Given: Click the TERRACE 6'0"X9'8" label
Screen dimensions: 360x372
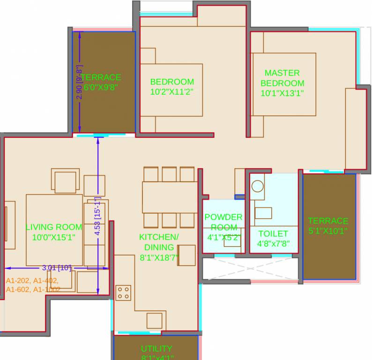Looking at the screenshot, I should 101,82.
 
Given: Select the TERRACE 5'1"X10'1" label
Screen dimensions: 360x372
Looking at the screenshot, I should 328,225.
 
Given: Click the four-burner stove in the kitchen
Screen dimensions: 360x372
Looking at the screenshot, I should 124,293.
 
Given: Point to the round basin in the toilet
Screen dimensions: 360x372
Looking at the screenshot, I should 258,186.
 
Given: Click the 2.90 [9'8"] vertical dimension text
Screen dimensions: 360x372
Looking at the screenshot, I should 79,82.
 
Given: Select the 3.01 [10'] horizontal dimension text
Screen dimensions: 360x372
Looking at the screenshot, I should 57,268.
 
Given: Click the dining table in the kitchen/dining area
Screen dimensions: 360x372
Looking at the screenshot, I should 169,197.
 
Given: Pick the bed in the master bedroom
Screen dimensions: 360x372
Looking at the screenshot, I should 283,84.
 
